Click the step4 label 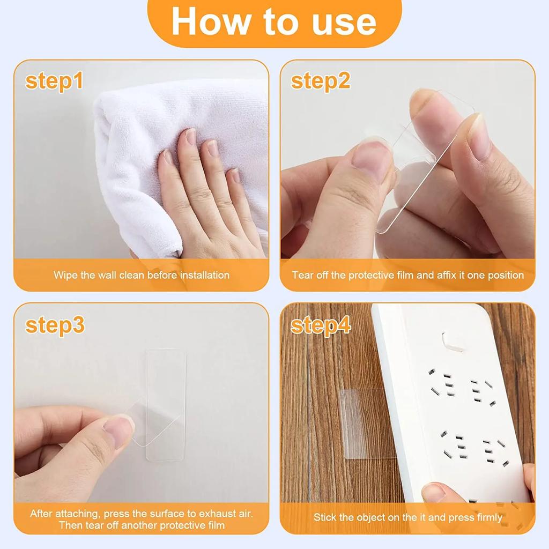click(x=321, y=325)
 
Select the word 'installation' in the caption click(x=204, y=275)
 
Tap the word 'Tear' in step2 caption click(x=302, y=275)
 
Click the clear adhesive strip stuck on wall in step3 click(x=165, y=375)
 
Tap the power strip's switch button click(x=453, y=342)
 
